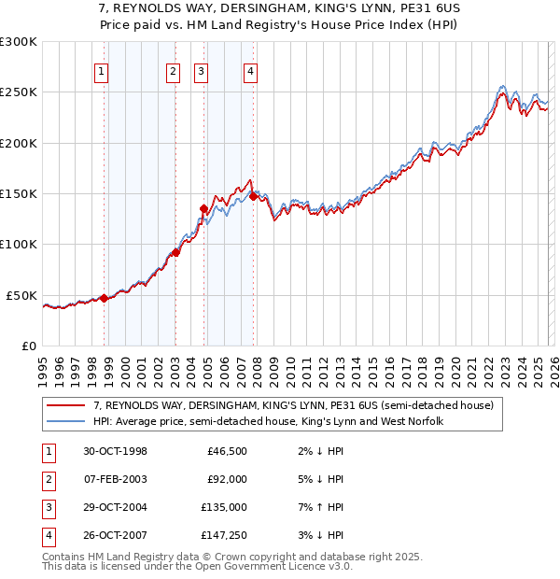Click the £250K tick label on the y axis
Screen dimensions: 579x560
click(x=19, y=92)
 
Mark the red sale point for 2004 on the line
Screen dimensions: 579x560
click(x=204, y=209)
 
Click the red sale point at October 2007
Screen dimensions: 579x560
click(x=254, y=196)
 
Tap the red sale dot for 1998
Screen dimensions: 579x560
click(x=105, y=299)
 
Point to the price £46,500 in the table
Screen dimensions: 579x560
click(x=225, y=451)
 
